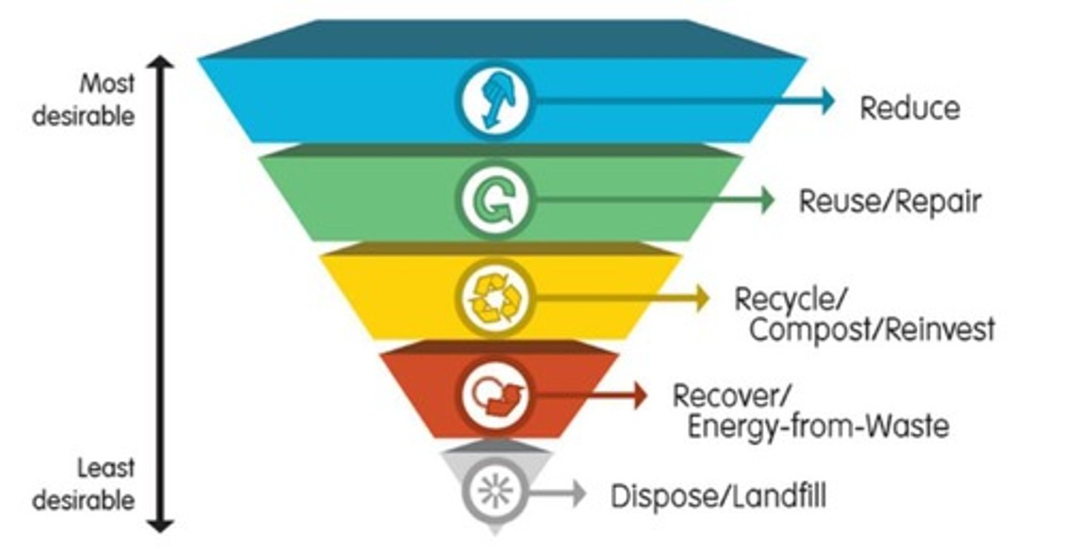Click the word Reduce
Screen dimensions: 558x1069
pyautogui.click(x=909, y=108)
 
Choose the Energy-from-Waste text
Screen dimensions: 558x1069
pyautogui.click(x=817, y=427)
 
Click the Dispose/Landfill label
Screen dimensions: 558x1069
pyautogui.click(x=718, y=496)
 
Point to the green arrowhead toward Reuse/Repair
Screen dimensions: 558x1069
pyautogui.click(x=766, y=200)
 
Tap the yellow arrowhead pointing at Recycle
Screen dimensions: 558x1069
pyautogui.click(x=702, y=299)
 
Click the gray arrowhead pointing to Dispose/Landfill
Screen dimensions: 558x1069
pyautogui.click(x=578, y=493)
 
